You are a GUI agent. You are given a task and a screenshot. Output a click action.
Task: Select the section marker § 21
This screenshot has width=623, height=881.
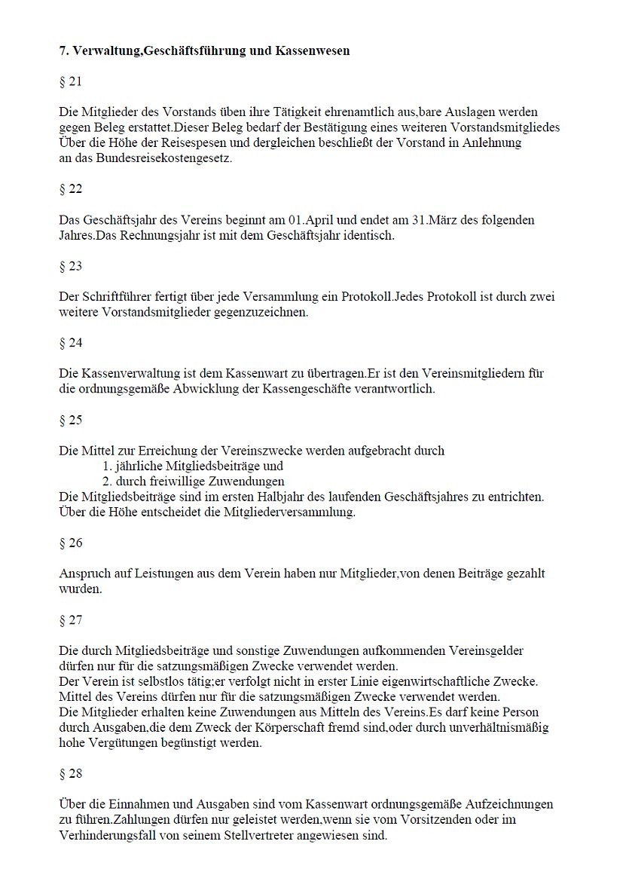tap(70, 81)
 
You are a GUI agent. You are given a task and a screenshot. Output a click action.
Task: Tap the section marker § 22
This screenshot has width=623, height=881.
tap(70, 189)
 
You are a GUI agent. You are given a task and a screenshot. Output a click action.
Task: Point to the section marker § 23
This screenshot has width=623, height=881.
tap(70, 266)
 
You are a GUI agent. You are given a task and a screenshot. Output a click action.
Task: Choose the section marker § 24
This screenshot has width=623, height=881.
tap(70, 343)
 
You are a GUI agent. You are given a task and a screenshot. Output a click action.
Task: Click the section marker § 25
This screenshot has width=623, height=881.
tap(70, 420)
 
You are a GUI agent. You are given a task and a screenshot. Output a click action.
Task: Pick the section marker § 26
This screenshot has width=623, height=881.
tap(70, 543)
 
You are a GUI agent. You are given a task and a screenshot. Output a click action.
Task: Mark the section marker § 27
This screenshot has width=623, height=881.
tap(70, 620)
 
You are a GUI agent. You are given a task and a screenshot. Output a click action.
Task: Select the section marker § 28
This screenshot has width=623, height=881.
tap(70, 773)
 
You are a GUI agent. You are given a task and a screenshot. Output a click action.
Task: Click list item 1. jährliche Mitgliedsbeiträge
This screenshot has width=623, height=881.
tap(193, 466)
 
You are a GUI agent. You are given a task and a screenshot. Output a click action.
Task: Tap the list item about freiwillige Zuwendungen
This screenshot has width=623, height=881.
tap(194, 481)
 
